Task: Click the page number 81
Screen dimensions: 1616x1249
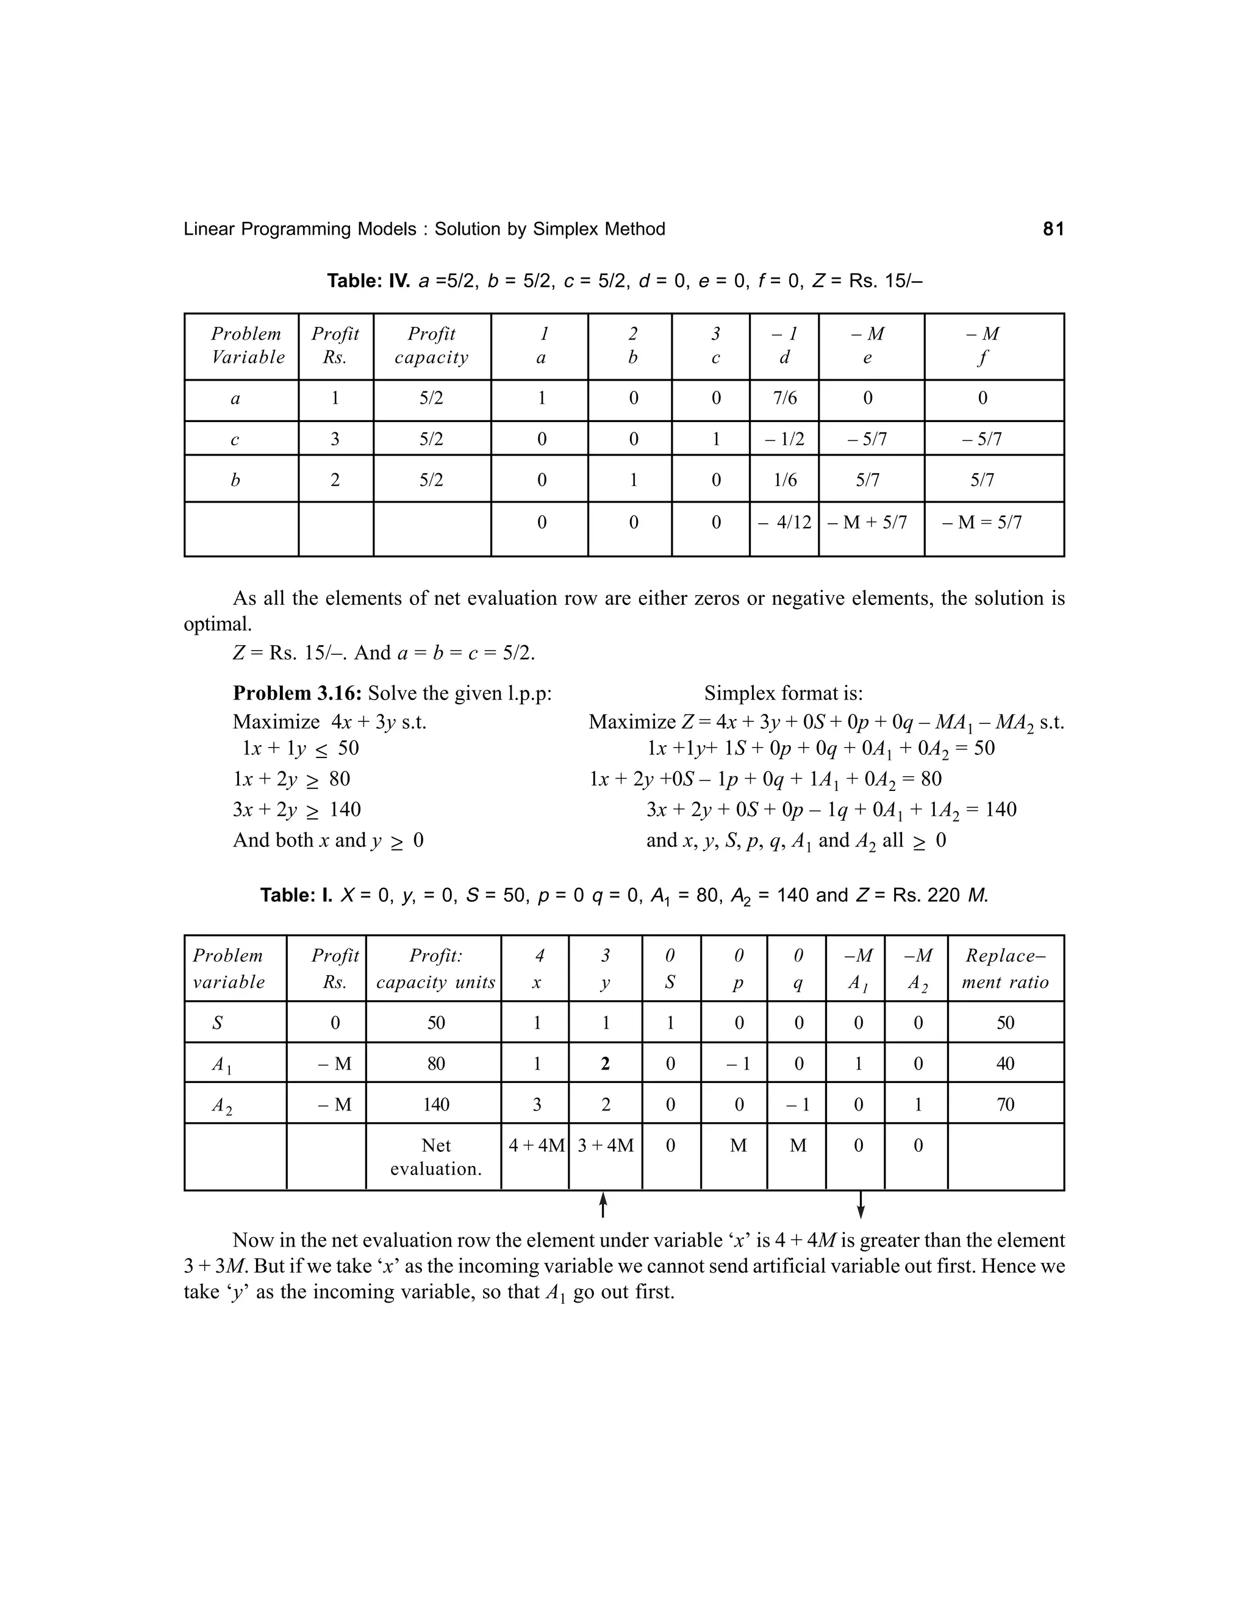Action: tap(1053, 229)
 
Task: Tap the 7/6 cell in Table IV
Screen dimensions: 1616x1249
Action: tap(784, 399)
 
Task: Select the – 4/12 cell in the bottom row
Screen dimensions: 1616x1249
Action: tap(784, 523)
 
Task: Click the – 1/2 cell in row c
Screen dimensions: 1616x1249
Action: tap(784, 440)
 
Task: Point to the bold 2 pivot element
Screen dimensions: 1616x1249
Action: tap(605, 1064)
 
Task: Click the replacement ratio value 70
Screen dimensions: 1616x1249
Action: tap(1005, 1106)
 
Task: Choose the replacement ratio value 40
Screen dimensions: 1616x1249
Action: tap(1005, 1064)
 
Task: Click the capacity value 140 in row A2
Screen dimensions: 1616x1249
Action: tap(436, 1106)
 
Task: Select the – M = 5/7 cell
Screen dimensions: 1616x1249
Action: tap(982, 523)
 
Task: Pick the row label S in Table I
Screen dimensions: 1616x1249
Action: tap(218, 1023)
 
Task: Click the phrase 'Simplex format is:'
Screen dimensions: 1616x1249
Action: tap(783, 693)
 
